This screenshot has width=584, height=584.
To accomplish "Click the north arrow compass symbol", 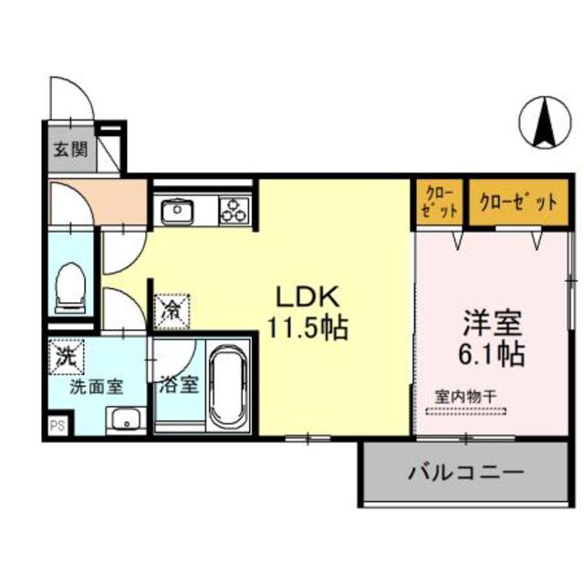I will [544, 125].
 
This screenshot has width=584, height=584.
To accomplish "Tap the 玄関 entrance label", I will [68, 150].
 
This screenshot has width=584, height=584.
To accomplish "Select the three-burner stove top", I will [234, 211].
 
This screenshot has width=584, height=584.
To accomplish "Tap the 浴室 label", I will [177, 383].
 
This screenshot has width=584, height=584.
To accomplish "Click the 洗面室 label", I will [98, 385].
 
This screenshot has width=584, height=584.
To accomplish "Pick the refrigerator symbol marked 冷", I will [172, 309].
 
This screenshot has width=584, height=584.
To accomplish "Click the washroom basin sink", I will [125, 421].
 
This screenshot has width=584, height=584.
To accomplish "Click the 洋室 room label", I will [494, 322].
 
